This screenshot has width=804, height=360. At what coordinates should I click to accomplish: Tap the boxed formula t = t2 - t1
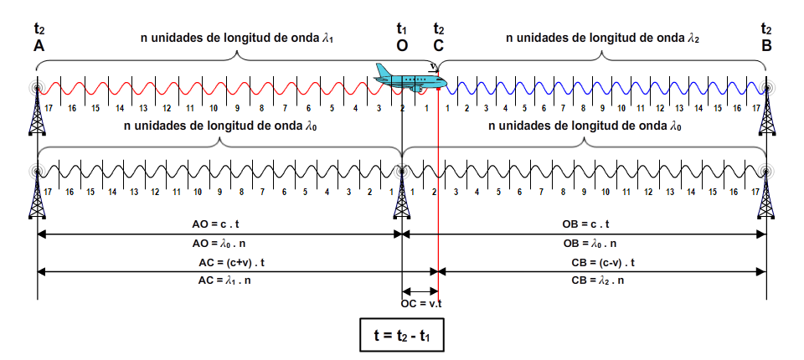pos(401,336)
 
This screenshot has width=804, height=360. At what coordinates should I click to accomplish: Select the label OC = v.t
pos(421,304)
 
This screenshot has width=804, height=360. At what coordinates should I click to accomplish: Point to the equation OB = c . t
pos(585,224)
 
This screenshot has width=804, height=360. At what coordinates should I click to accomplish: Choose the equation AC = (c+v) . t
pos(231,263)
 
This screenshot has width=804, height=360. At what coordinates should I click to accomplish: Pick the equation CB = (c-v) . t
pos(603,263)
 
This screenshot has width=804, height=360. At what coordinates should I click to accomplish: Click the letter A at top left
pos(39,46)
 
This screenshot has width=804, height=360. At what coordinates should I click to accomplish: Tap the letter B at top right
pos(766,46)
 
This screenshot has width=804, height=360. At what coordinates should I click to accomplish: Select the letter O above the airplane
pos(402,46)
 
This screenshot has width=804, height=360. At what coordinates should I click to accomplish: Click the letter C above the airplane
pos(438,46)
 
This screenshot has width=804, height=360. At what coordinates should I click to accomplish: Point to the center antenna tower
pos(401,194)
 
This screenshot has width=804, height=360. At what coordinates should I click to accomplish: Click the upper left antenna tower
pos(37,109)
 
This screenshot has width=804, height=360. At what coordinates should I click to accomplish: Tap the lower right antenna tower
pos(766,194)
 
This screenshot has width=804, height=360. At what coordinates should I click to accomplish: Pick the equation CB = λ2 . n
pos(597,280)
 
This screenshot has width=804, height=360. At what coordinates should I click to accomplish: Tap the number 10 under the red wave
pos(214,108)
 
